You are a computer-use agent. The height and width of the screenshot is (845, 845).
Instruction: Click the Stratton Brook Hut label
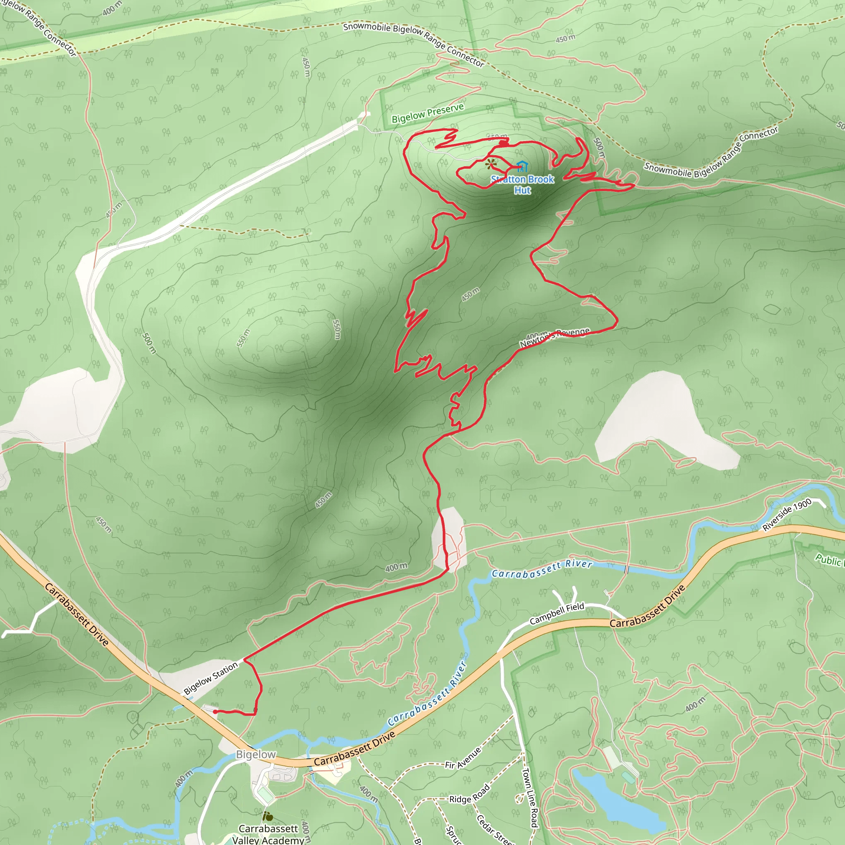click(522, 184)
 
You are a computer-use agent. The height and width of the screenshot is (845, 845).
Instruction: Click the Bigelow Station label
click(210, 678)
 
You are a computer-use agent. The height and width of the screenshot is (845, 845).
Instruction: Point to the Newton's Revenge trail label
click(555, 337)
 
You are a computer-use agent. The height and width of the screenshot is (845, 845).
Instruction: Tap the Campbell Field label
click(557, 613)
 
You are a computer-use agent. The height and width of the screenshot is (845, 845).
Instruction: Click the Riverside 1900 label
click(787, 515)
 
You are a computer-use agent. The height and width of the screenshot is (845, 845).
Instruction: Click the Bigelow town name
click(256, 754)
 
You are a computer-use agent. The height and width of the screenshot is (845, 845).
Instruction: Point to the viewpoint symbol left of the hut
click(491, 164)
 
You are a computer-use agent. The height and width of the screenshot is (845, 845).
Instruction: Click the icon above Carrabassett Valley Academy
click(268, 816)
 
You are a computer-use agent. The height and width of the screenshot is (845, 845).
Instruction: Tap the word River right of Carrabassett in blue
click(578, 564)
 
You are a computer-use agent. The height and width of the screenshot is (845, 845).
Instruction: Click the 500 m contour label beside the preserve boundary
click(599, 147)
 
